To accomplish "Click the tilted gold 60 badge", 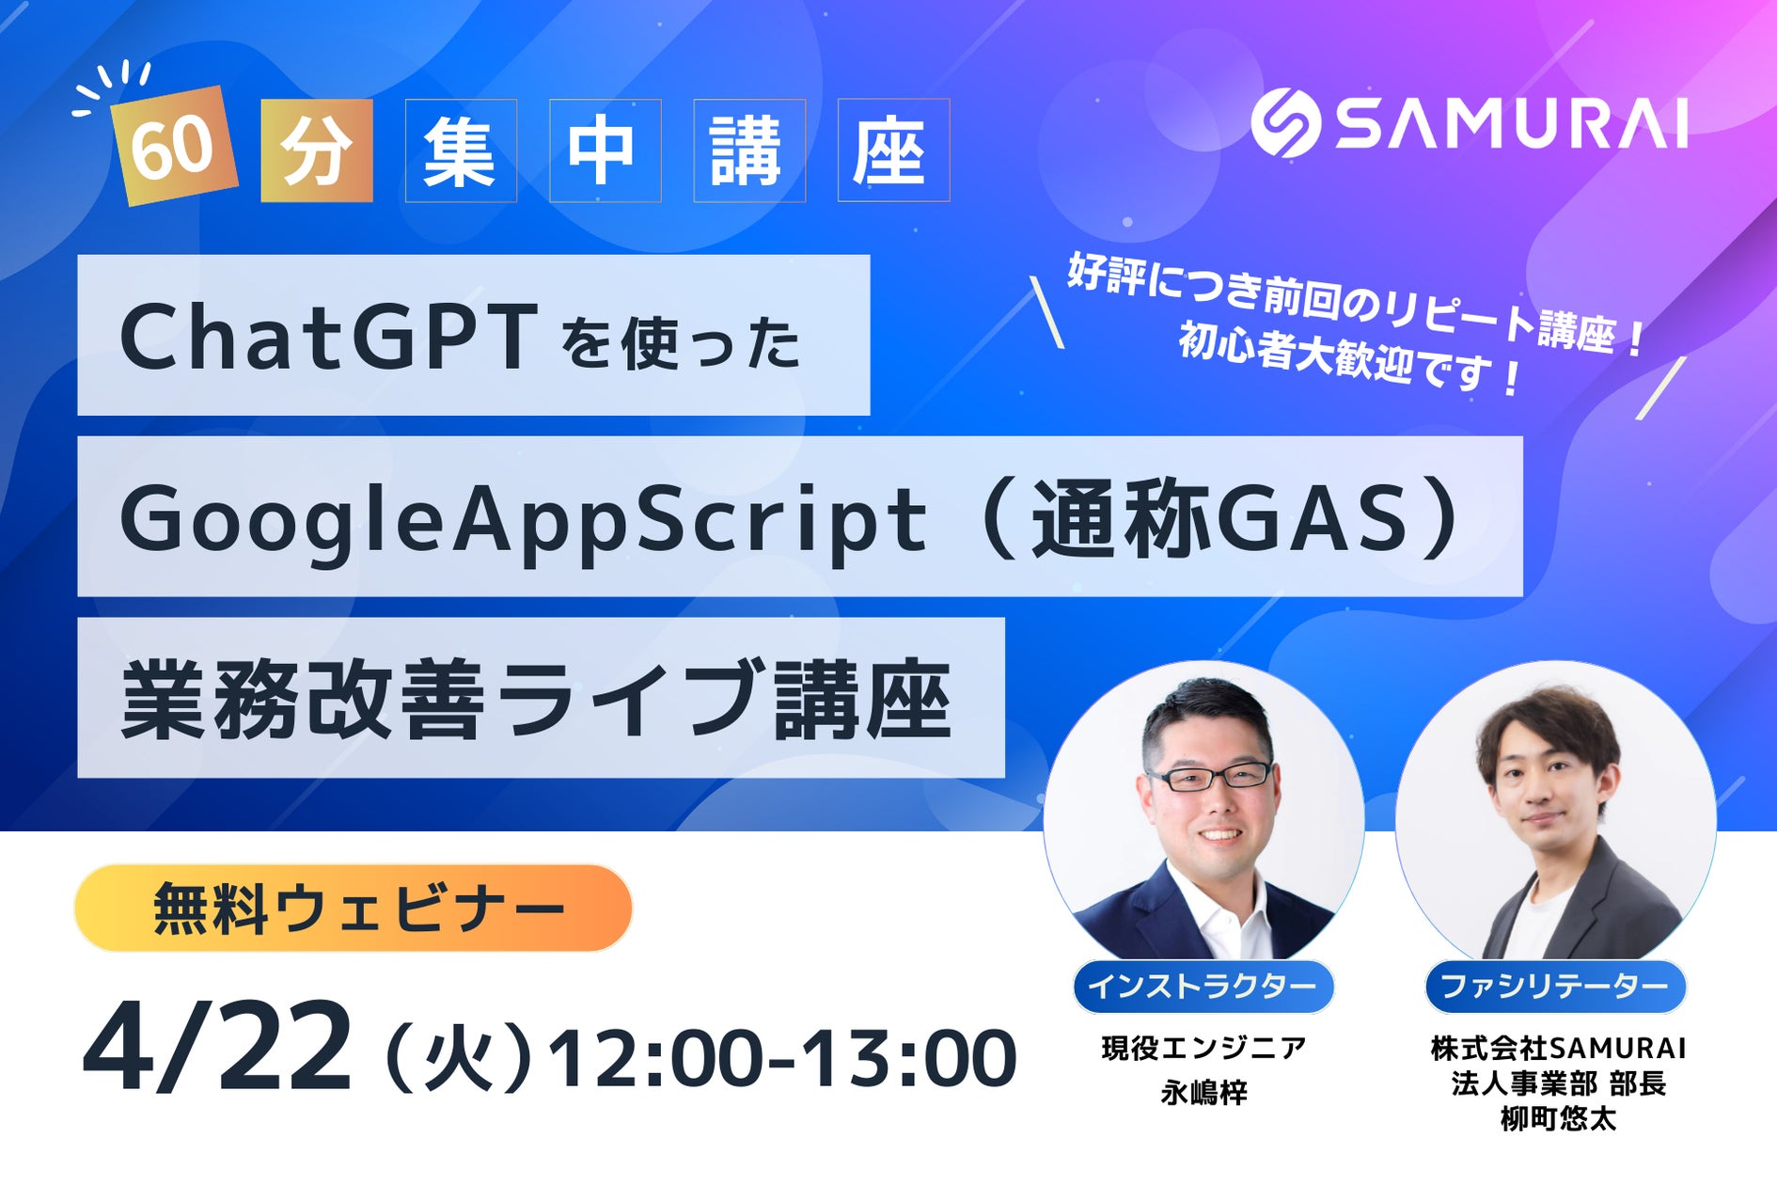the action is (x=174, y=146).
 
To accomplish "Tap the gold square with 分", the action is (x=317, y=150).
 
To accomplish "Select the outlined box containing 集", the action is (x=461, y=150).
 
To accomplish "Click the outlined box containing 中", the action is (x=605, y=150).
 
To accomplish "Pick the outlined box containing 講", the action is (x=749, y=150).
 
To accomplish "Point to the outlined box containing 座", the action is (x=893, y=150).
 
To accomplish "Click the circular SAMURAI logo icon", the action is (x=1285, y=122).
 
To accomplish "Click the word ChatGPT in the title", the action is (x=328, y=337).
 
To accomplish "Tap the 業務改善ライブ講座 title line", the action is (x=537, y=699).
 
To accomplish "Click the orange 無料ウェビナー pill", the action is (x=353, y=908).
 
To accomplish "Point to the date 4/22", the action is (x=218, y=1049).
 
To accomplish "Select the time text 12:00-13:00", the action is (x=782, y=1059).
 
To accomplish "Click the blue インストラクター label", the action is (x=1203, y=987).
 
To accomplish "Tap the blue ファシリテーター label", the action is (x=1555, y=987).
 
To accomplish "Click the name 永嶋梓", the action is (x=1203, y=1093).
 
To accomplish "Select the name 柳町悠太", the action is (x=1558, y=1119).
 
